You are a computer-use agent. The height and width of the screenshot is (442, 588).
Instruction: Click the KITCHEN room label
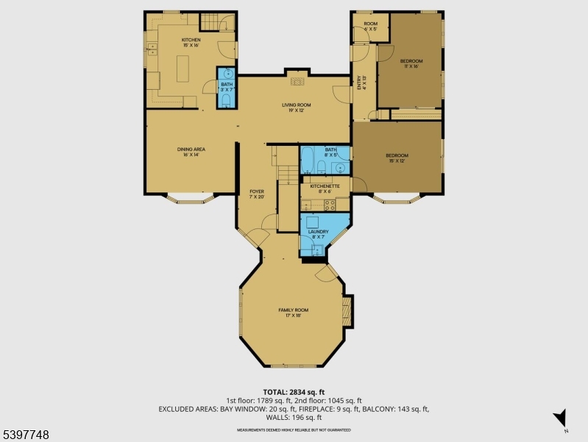(x=191, y=42)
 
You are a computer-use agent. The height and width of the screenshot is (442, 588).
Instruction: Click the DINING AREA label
(x=191, y=152)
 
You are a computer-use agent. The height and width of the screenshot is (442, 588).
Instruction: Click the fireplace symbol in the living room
(x=296, y=82)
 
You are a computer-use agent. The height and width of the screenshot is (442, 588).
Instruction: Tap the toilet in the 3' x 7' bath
(x=227, y=100)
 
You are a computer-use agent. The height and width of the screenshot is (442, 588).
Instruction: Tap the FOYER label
(x=256, y=194)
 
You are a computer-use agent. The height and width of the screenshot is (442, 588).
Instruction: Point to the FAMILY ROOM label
(x=292, y=312)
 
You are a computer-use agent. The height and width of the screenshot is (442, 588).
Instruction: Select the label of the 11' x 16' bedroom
(x=411, y=63)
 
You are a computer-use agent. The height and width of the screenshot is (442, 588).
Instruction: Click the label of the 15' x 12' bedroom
(x=397, y=158)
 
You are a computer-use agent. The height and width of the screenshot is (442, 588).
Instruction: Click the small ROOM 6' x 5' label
(x=370, y=27)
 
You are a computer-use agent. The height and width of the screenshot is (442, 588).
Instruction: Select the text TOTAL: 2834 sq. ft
(x=294, y=392)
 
